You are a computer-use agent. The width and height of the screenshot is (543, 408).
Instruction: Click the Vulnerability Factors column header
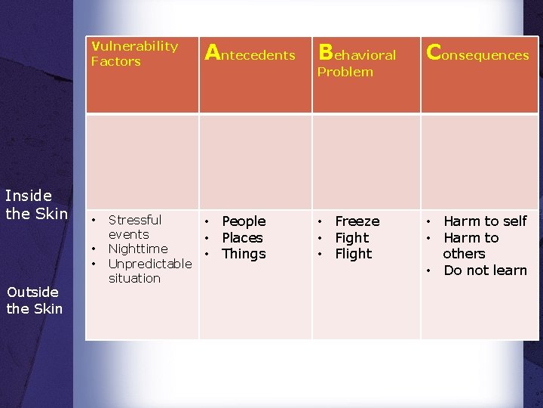(x=134, y=54)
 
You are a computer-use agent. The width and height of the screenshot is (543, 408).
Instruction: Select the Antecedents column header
(x=250, y=54)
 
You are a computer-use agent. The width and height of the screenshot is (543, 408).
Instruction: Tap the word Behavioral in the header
(x=357, y=54)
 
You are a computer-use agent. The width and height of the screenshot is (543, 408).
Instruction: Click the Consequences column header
(x=477, y=54)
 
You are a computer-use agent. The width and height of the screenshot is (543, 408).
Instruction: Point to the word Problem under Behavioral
(x=345, y=72)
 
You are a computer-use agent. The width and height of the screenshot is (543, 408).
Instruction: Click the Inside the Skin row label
(x=37, y=205)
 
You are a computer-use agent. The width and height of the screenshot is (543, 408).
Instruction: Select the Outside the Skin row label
(x=34, y=300)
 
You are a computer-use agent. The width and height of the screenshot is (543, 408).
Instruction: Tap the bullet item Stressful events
(x=134, y=227)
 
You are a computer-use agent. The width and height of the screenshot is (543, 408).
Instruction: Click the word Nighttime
(x=138, y=249)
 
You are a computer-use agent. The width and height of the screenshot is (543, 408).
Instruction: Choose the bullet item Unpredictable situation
(x=149, y=270)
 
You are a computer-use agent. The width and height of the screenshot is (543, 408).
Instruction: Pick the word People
(x=244, y=221)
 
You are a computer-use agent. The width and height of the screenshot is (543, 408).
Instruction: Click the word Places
(x=242, y=238)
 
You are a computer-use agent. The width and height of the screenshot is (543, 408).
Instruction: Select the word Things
(x=244, y=254)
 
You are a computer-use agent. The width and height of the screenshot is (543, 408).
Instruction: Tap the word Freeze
(x=357, y=221)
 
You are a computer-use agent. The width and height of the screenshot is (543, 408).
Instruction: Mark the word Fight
(x=352, y=238)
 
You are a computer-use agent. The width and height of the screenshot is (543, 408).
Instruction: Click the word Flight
(x=354, y=254)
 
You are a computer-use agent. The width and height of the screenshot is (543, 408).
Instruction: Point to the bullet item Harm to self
(x=485, y=221)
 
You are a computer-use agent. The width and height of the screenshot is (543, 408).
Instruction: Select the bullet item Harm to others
(x=470, y=246)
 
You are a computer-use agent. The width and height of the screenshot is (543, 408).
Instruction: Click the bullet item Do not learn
(x=485, y=270)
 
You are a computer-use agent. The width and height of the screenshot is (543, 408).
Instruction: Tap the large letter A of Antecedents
(x=213, y=52)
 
